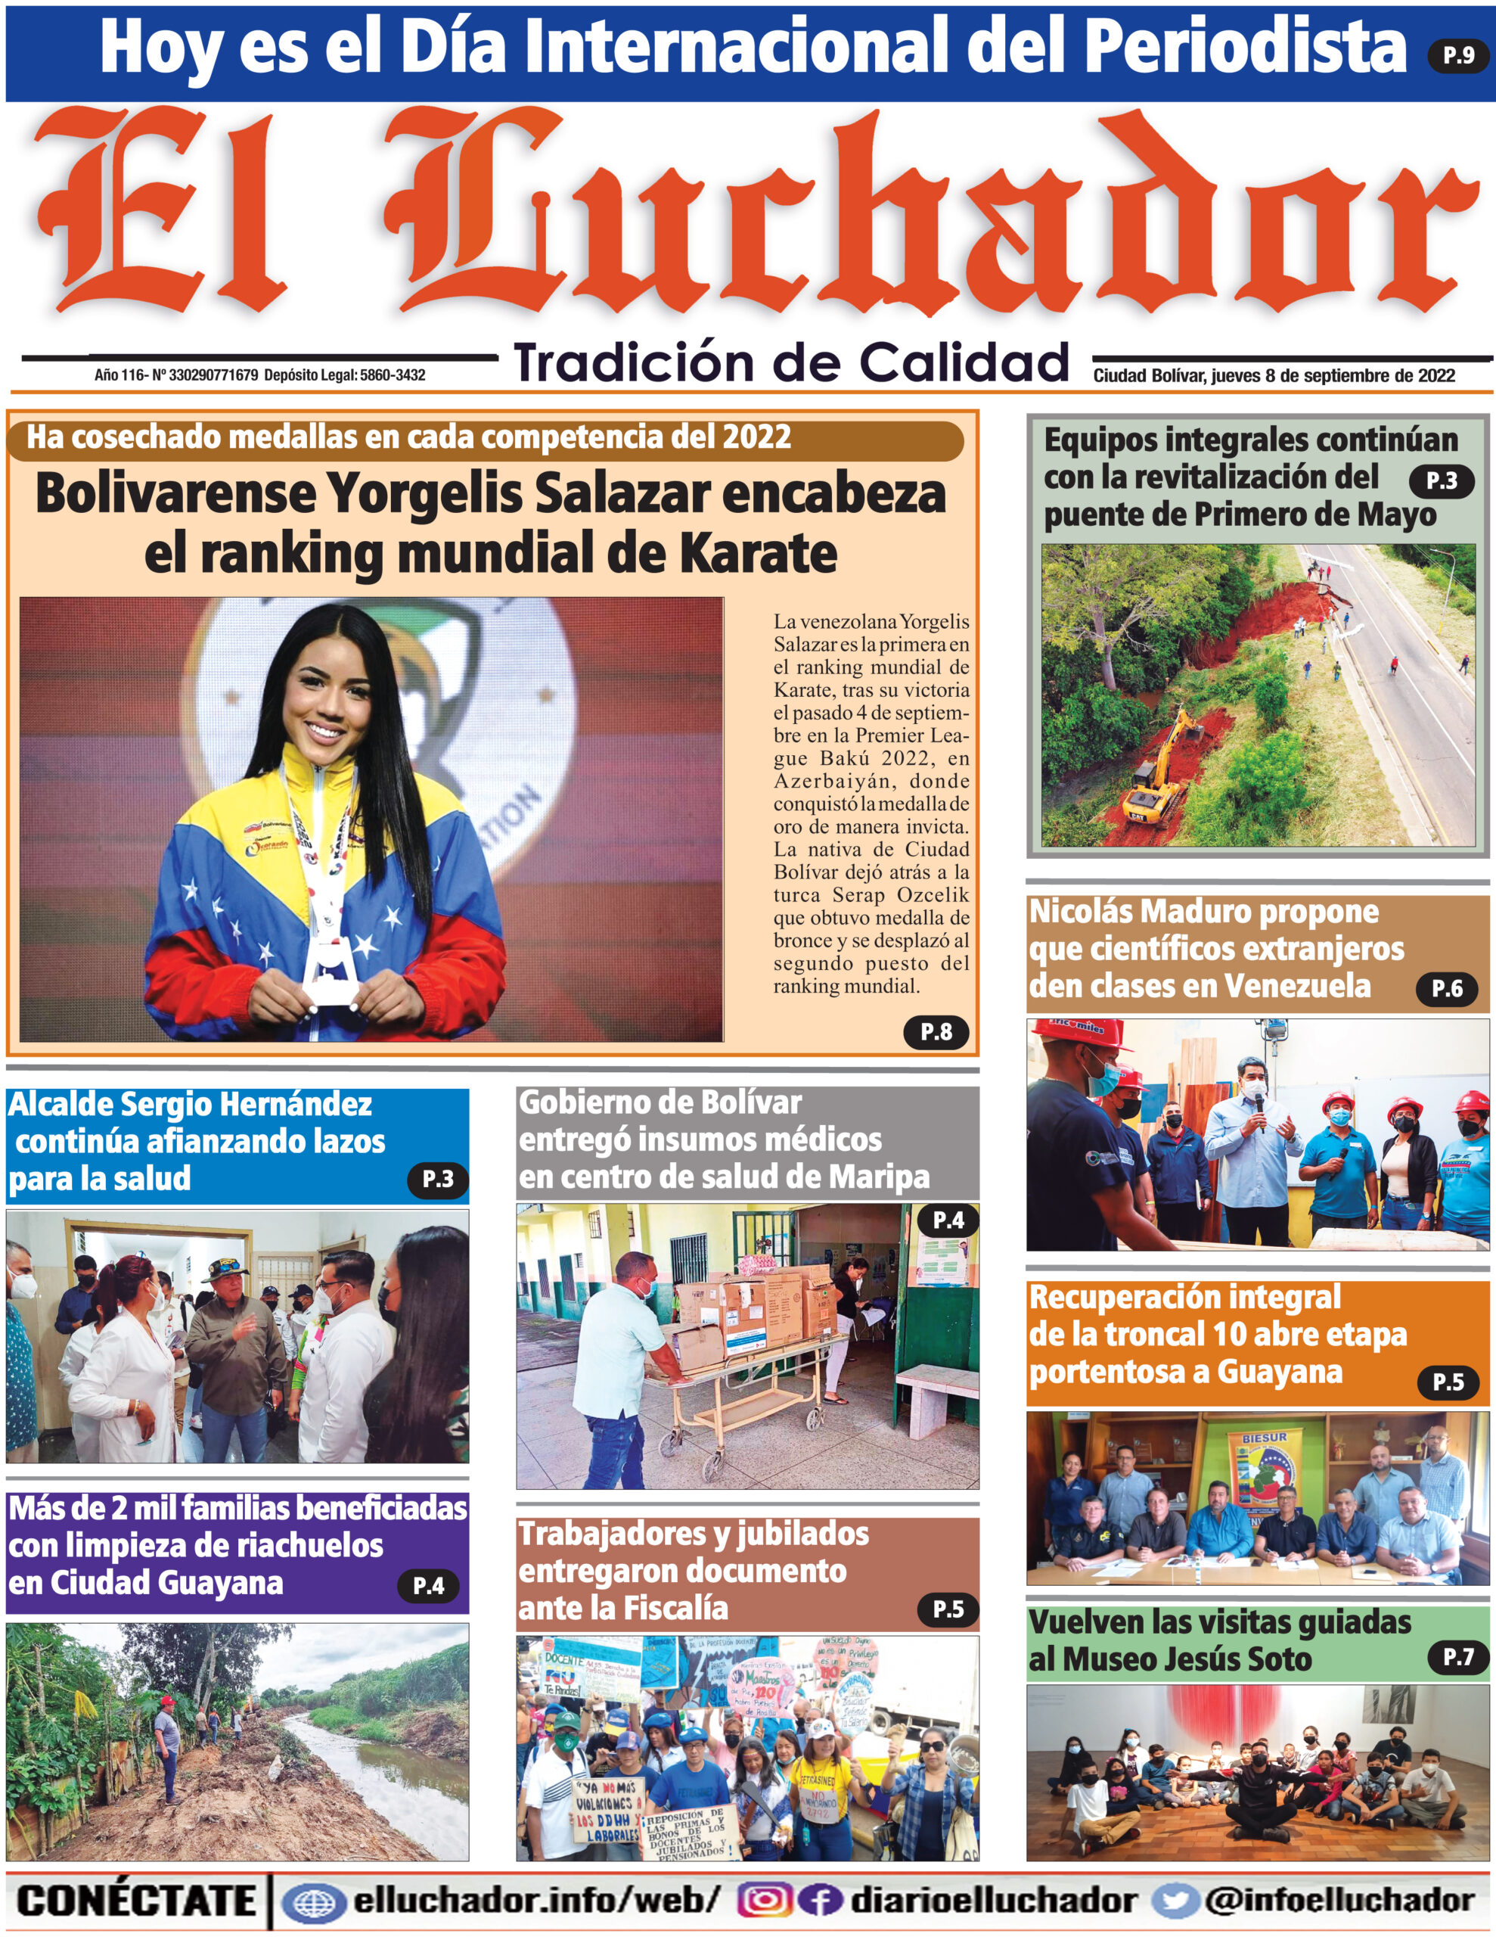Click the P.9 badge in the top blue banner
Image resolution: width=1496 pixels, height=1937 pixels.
coord(1457,55)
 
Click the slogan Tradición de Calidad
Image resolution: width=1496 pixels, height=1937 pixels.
coord(791,362)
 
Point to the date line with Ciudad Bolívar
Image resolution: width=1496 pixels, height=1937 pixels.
coord(1274,375)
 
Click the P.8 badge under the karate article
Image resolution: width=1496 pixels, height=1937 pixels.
coord(936,1031)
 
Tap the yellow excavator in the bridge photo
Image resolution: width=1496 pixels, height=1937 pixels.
coord(1153,785)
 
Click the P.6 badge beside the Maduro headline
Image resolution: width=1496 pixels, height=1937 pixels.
coord(1446,989)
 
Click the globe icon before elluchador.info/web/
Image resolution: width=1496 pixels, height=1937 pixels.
coord(313,1901)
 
